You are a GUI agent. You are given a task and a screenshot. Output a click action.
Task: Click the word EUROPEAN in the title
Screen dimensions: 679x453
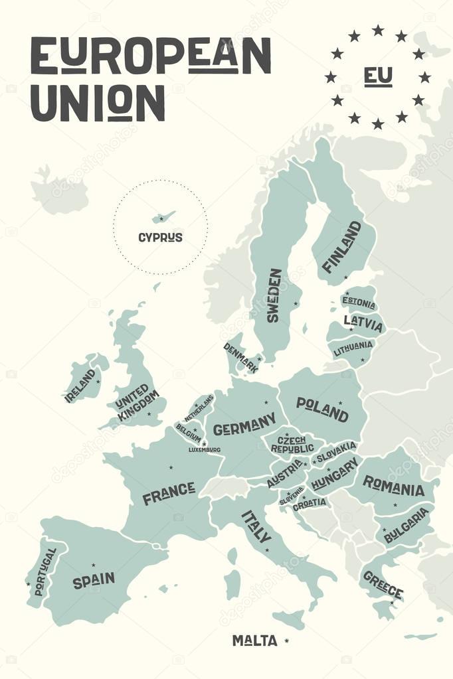[151, 56]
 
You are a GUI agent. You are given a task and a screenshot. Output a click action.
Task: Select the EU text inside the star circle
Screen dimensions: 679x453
[377, 76]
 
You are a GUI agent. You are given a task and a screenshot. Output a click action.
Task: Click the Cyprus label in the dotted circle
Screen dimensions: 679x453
[160, 237]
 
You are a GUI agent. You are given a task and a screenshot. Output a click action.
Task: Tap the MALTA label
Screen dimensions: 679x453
[254, 641]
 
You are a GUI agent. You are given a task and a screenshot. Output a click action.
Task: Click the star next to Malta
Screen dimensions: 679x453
[286, 640]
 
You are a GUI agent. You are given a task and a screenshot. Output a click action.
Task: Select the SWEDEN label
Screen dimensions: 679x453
[274, 295]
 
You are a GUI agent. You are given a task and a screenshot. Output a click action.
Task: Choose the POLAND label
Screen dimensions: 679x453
[322, 409]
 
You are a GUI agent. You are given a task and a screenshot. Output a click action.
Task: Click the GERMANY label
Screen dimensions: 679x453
[244, 424]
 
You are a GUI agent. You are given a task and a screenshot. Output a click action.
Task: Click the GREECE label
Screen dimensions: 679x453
[383, 583]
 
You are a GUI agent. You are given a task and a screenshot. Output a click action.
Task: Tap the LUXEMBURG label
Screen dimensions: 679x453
[204, 449]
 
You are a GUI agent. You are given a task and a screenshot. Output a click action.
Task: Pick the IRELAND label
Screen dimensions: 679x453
[80, 386]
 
